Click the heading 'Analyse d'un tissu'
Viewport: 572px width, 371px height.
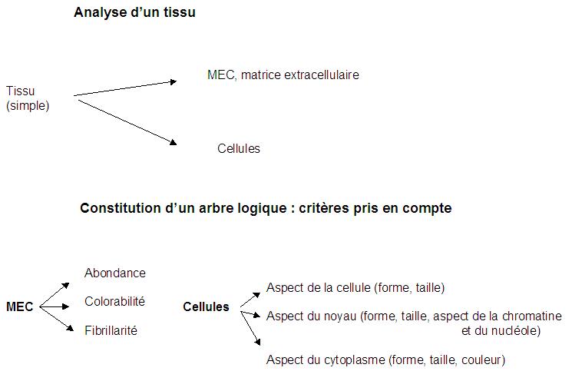point(134,12)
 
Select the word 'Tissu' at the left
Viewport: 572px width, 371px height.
point(21,91)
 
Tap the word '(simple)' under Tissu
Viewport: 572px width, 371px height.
point(28,106)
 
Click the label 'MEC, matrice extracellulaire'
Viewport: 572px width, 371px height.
point(283,75)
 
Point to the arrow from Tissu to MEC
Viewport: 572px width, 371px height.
point(125,88)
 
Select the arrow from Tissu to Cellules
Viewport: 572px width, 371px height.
point(127,122)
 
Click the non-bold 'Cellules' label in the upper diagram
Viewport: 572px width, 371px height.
point(239,148)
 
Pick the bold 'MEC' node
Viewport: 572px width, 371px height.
point(20,306)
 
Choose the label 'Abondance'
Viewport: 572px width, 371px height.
point(115,273)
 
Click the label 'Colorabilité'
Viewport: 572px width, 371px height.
point(114,301)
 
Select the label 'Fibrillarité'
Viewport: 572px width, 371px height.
point(111,330)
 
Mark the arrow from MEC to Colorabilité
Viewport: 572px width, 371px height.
point(55,306)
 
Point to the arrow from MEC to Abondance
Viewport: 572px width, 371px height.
point(55,295)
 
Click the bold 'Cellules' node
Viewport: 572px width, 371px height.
point(206,306)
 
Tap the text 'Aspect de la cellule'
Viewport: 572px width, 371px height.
point(319,287)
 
